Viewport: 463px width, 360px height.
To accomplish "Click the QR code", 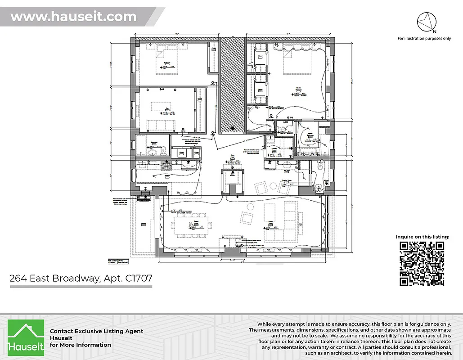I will pyautogui.click(x=422, y=264).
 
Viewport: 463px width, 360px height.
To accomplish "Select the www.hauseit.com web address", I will pyautogui.click(x=73, y=17).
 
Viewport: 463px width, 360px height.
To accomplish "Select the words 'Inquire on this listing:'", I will pyautogui.click(x=422, y=237).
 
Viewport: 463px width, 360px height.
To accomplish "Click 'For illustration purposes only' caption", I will pyautogui.click(x=424, y=39).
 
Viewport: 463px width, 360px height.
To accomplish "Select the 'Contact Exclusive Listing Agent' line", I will pyautogui.click(x=96, y=331).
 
